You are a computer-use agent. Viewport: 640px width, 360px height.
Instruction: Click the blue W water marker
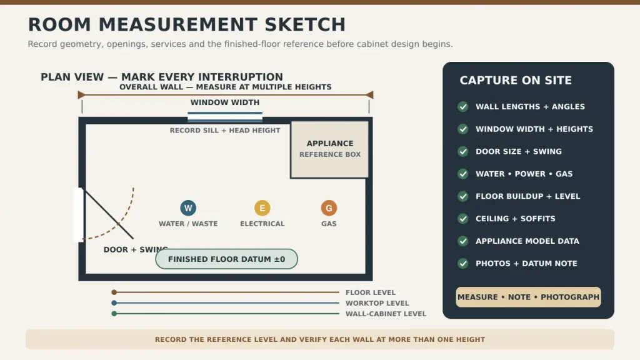coord(188,207)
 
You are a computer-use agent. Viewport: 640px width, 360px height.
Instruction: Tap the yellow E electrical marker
coord(262,207)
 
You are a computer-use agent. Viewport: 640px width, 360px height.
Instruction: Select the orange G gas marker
coord(329,207)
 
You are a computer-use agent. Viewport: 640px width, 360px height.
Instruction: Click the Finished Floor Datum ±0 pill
coord(226,259)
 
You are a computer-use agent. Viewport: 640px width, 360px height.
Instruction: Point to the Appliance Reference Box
coord(330,149)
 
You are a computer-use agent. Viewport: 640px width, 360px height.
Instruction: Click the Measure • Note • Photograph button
coord(528,297)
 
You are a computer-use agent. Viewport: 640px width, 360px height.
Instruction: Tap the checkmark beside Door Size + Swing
coord(463,151)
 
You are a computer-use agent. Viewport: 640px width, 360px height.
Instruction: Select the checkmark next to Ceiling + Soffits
coord(463,219)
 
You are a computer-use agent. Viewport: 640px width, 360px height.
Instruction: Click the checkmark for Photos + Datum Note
coord(463,264)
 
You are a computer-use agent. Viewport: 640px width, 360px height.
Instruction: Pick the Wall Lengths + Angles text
coord(530,106)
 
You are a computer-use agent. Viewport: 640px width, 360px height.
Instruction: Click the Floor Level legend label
coord(371,292)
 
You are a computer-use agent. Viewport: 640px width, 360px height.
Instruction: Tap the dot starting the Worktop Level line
coord(114,303)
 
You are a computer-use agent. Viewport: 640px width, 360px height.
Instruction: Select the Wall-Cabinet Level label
coord(386,314)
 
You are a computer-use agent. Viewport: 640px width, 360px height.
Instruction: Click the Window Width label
coord(225,102)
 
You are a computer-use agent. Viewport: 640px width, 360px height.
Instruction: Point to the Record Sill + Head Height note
coord(225,130)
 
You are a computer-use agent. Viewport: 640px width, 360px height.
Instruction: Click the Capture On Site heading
coord(516,81)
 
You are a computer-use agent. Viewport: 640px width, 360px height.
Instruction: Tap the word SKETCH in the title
coord(305,24)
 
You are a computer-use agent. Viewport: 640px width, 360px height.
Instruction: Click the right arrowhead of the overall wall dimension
coord(369,95)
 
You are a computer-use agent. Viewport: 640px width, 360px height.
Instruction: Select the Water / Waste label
coord(188,224)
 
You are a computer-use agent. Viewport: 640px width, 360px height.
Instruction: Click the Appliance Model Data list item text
coord(527,241)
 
